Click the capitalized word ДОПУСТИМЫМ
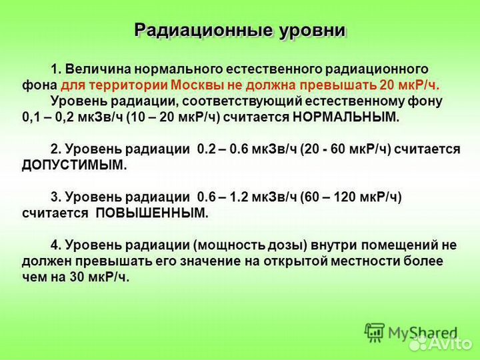pos(73,165)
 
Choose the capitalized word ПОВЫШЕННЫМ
pos(152,213)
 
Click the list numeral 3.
pos(55,197)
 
